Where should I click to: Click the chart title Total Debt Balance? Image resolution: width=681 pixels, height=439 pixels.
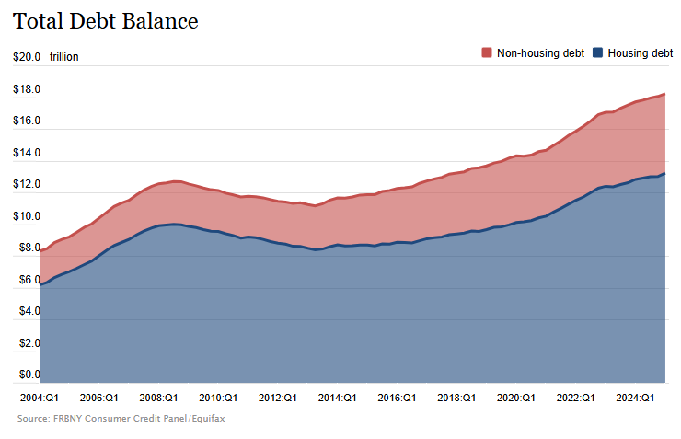click(x=106, y=21)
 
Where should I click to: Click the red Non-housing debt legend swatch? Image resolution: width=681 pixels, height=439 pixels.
click(x=487, y=53)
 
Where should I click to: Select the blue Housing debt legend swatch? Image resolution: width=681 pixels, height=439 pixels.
click(x=598, y=53)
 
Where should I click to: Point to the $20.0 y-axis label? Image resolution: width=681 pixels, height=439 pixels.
click(x=27, y=57)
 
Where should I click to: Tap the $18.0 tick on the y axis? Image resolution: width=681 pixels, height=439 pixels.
click(x=27, y=89)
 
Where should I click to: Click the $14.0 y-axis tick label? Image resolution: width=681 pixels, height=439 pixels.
click(x=27, y=153)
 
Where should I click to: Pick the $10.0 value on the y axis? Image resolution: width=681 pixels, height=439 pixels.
click(x=27, y=216)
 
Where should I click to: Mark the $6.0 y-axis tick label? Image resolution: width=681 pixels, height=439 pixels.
click(x=27, y=280)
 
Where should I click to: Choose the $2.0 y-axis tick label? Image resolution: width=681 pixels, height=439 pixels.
click(x=27, y=343)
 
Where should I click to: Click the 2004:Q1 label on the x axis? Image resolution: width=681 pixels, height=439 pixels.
click(x=40, y=398)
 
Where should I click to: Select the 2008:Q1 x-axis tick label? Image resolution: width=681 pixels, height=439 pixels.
click(x=158, y=398)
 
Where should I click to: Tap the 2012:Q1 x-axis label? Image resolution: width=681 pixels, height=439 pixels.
click(x=277, y=398)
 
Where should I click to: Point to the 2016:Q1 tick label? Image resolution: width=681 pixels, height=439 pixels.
click(x=397, y=398)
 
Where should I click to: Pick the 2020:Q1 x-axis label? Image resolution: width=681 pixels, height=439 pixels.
click(x=515, y=398)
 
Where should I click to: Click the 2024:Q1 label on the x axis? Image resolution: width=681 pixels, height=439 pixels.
click(x=635, y=398)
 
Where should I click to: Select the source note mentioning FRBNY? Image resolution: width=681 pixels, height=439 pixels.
click(x=121, y=418)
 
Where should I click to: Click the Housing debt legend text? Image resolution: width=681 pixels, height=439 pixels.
click(x=640, y=53)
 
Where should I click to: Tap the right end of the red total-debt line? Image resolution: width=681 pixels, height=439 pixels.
click(x=664, y=94)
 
